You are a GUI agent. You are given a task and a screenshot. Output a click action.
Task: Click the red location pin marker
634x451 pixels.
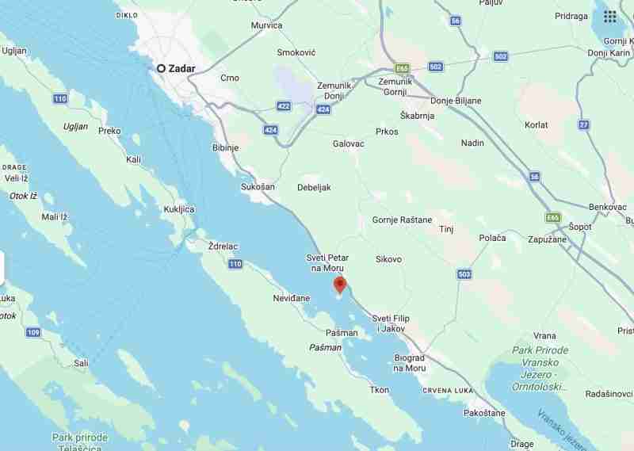coord(340,285)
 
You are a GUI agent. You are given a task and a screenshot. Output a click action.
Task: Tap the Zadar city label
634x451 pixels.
coord(181,68)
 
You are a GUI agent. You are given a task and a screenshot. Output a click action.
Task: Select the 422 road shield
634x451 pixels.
coord(284,106)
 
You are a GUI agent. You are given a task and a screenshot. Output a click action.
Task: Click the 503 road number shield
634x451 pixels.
coord(464,274)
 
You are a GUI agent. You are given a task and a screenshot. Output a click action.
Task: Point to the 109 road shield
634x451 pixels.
coord(33,332)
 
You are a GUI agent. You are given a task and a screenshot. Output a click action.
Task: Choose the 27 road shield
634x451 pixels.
coord(584,124)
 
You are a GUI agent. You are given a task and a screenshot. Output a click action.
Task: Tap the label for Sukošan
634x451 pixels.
coord(257,187)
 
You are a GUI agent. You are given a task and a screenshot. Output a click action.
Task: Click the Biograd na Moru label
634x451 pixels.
coord(410,362)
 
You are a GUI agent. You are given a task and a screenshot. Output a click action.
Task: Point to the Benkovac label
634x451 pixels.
coord(609,206)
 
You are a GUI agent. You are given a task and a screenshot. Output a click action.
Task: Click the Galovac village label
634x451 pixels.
coord(349,143)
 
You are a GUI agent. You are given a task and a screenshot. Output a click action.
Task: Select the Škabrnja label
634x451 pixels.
coord(418,115)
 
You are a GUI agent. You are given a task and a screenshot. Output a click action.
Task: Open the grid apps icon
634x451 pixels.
coord(609,17)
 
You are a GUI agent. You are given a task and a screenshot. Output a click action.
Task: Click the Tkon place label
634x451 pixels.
coord(380,389)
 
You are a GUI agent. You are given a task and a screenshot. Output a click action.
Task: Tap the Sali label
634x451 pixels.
coord(81,362)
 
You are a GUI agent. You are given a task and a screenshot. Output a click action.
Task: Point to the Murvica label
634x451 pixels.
coord(266,25)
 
